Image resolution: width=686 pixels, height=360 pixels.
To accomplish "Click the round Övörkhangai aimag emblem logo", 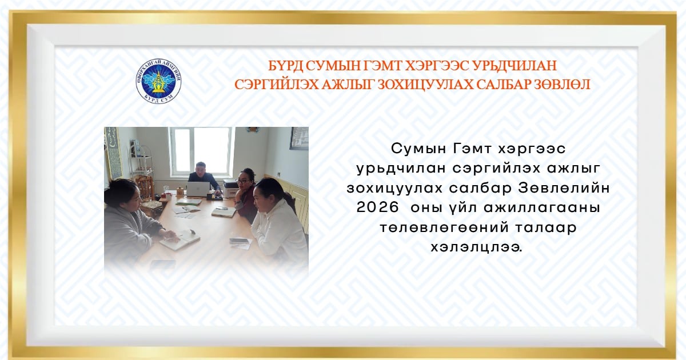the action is click(158, 81).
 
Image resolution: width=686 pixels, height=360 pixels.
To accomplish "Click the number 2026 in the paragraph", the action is click(378, 207).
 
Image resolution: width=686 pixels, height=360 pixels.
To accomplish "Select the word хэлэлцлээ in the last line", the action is click(477, 247).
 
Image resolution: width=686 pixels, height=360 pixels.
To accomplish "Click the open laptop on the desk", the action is click(198, 189).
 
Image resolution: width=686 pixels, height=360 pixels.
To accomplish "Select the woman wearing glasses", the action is click(245, 194).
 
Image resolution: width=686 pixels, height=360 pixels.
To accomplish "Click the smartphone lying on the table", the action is click(240, 241).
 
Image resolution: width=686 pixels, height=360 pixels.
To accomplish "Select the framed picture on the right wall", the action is click(299, 138).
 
